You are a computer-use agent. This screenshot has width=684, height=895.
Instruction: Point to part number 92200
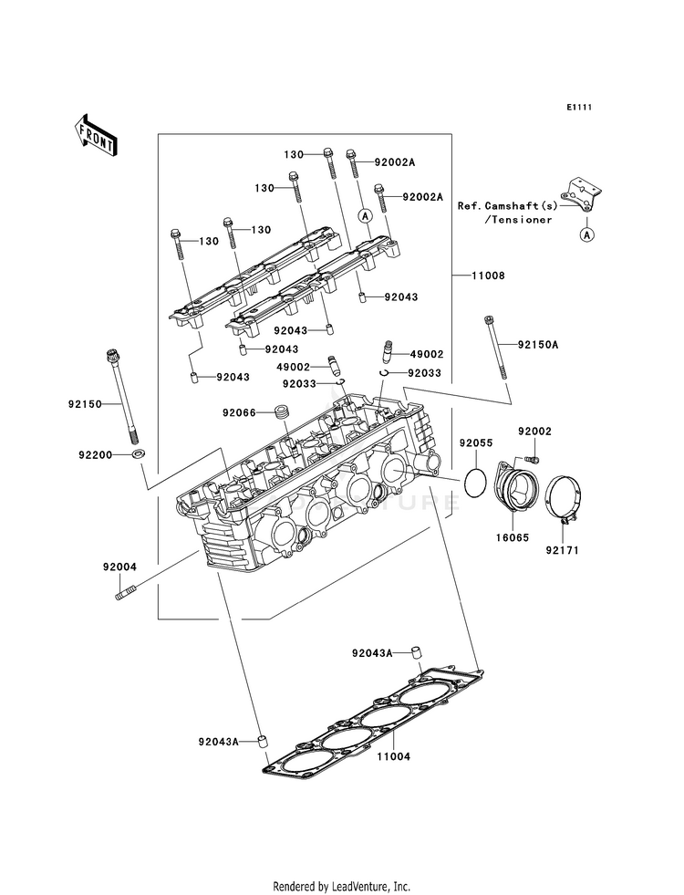click(95, 453)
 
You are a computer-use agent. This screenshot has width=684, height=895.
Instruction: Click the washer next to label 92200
click(137, 453)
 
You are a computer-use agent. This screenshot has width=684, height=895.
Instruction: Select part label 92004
click(119, 567)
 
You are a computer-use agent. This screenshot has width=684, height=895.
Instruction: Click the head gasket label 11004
click(396, 756)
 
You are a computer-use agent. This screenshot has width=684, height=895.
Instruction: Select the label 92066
click(239, 412)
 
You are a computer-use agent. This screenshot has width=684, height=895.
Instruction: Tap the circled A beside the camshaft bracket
click(586, 234)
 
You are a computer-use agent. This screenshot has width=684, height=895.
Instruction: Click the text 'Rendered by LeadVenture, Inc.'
click(342, 886)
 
